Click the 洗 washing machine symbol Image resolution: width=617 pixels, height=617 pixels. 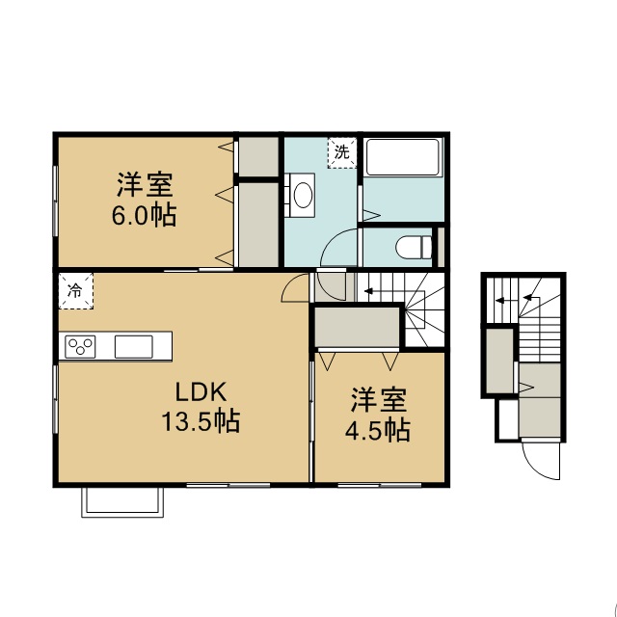pos(342,152)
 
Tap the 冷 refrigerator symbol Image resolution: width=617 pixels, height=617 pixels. pos(76,291)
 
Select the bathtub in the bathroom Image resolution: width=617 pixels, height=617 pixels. pos(403,157)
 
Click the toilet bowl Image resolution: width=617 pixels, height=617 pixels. pos(414,248)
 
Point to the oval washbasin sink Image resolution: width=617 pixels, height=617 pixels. pos(303,195)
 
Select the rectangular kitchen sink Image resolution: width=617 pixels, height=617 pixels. pos(134,347)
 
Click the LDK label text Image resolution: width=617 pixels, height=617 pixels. pos(201,392)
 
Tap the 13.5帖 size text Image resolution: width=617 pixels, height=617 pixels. pos(201,421)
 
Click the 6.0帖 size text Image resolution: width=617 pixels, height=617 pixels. pos(144,215)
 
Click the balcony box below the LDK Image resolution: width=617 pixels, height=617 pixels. pos(122,502)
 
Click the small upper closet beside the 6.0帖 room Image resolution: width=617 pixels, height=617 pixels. pos(258,157)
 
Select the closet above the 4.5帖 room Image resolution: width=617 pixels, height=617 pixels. pos(357,327)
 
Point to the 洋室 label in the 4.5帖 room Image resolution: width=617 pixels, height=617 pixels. pos(378,400)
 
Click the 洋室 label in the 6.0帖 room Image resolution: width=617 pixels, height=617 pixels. pos(145,185)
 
